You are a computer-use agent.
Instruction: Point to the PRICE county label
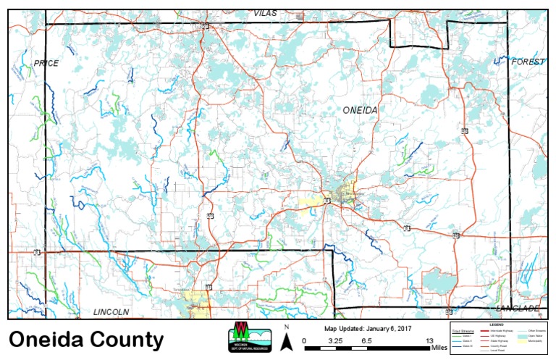point(46,64)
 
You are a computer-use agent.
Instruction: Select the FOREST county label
point(527,62)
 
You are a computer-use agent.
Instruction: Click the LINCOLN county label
point(111,311)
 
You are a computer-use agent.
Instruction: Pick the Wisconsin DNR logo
point(249,337)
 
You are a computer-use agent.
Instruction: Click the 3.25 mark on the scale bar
point(335,340)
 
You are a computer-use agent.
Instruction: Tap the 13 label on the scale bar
point(430,340)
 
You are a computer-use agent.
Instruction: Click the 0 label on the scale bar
point(304,340)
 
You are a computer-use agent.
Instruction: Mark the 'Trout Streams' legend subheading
point(460,330)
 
